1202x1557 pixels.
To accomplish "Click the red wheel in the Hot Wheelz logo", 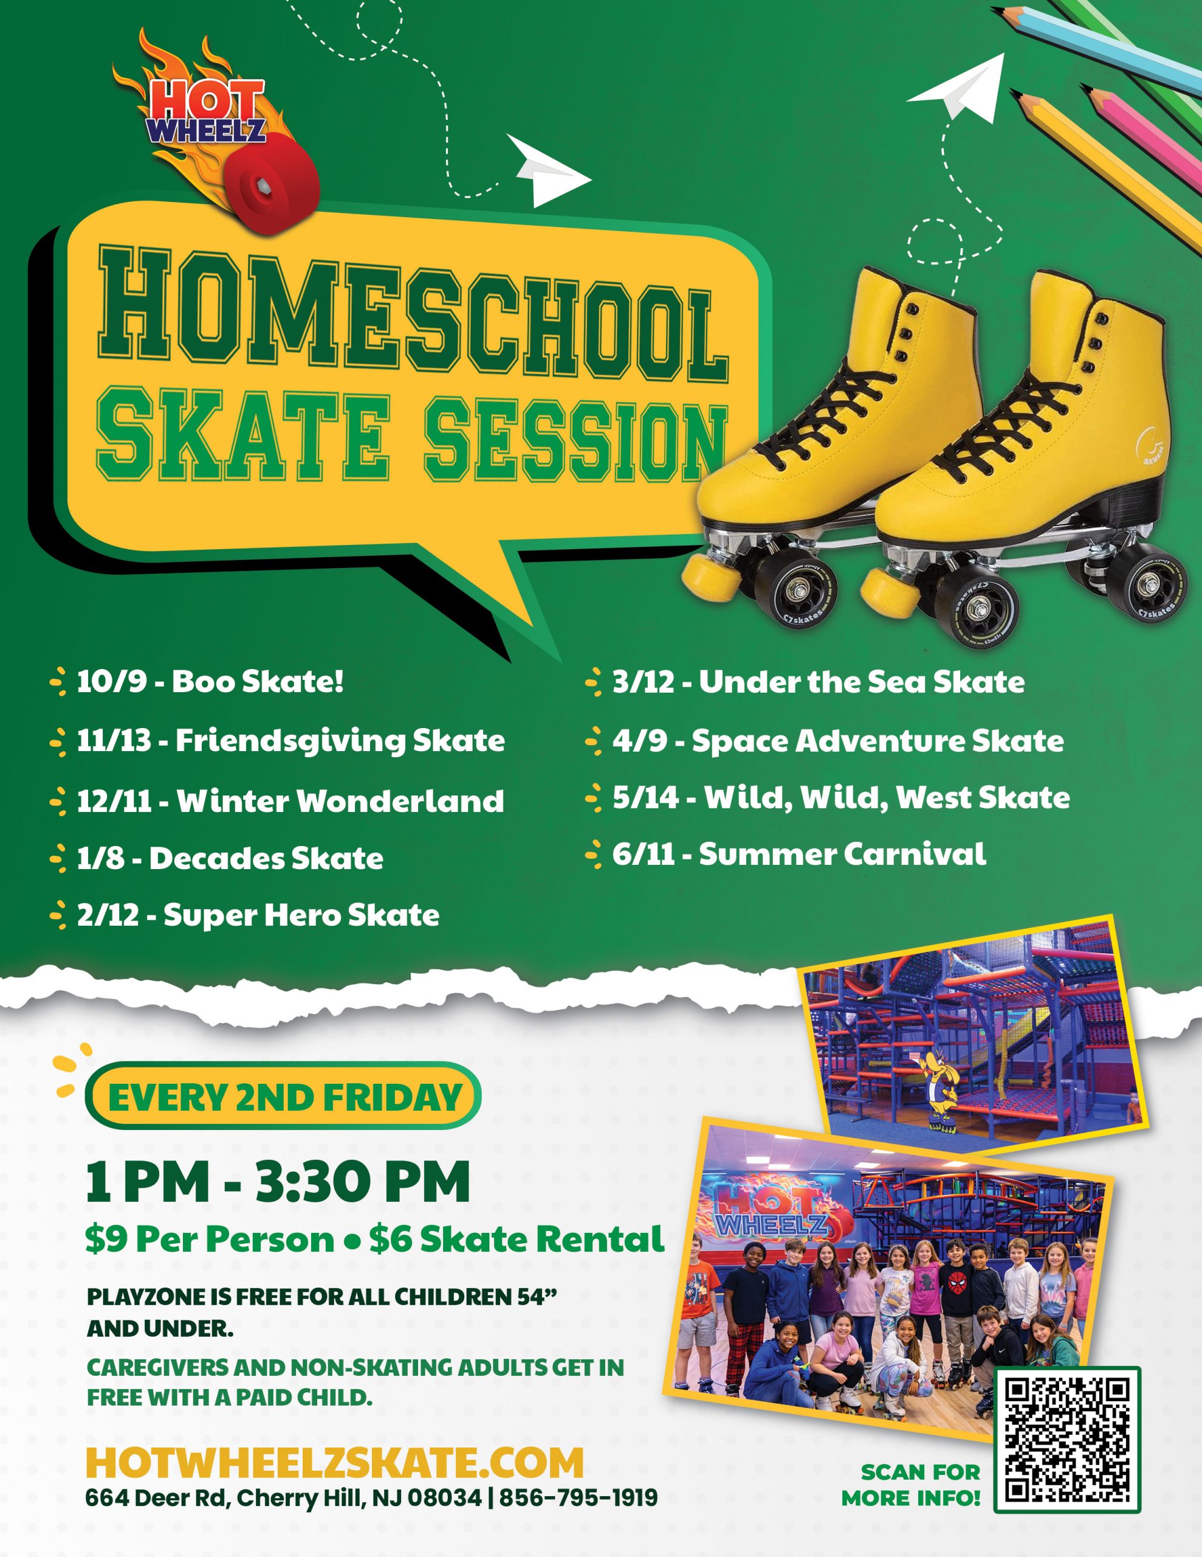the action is tap(273, 189).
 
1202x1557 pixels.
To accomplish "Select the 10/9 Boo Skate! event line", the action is tap(197, 682).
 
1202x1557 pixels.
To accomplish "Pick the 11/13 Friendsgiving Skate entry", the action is tap(277, 741).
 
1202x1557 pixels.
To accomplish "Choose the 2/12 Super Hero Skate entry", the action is tap(244, 915).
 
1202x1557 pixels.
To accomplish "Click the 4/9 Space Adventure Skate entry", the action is tap(825, 741).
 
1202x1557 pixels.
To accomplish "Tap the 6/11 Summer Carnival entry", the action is tap(785, 854).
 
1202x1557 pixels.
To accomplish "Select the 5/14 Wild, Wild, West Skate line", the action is tap(827, 798).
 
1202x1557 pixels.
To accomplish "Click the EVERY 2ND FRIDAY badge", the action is tap(283, 1097).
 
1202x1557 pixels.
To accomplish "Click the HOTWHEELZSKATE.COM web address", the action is tap(334, 1463).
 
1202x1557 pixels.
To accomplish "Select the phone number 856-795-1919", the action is tap(579, 1498).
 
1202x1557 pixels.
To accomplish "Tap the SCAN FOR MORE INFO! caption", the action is tap(910, 1485).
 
